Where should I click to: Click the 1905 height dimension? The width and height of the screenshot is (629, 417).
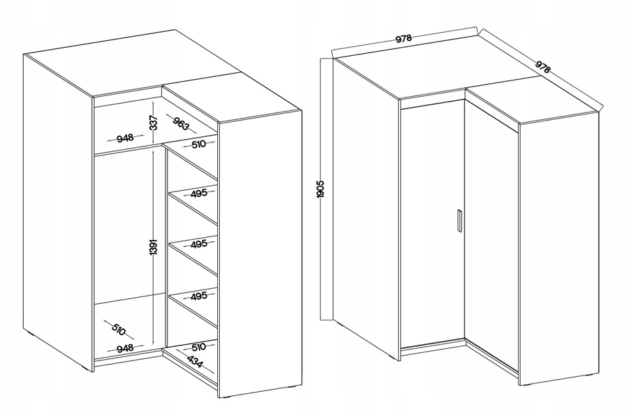(321, 189)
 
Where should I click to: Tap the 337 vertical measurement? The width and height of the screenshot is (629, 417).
(154, 123)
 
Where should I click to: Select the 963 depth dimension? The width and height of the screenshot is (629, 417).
(180, 123)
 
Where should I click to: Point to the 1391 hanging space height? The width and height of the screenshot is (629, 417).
(154, 247)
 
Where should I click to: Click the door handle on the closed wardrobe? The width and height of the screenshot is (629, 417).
(459, 220)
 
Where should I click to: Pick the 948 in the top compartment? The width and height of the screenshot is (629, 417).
(125, 138)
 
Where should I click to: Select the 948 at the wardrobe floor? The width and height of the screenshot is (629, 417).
(125, 347)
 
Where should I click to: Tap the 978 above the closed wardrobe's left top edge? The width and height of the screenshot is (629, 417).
(404, 39)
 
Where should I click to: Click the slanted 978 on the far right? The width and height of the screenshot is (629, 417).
(543, 67)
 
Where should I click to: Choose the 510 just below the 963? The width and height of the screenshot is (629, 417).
(198, 144)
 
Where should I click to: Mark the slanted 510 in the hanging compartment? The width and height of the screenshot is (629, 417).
(118, 329)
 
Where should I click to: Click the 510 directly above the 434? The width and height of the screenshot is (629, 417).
(198, 346)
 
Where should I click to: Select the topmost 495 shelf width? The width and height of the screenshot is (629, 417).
(199, 193)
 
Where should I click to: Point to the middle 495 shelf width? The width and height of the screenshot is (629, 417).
(199, 244)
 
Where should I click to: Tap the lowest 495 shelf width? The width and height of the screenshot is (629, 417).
(199, 296)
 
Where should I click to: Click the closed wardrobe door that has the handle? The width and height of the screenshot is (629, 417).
(432, 225)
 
